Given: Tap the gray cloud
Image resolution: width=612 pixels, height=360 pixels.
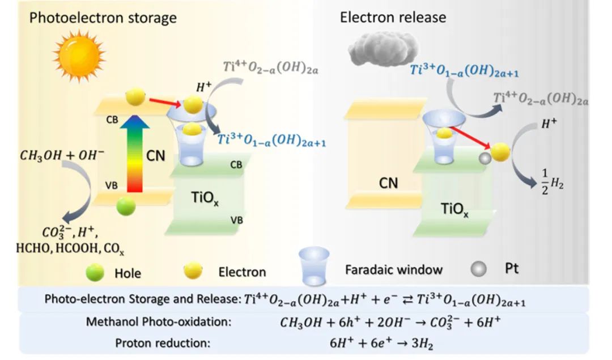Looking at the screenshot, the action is click(x=383, y=48).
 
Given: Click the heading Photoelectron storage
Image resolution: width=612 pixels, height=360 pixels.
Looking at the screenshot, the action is click(x=103, y=18).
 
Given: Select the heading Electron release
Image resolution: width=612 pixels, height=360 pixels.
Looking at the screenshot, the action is click(x=393, y=17).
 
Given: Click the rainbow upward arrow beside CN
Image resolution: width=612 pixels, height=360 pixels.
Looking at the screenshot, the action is click(x=135, y=153).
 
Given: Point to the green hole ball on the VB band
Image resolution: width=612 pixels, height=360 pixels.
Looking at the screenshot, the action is click(x=126, y=206).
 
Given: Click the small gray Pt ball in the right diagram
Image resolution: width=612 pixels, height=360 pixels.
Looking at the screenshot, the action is click(x=484, y=159).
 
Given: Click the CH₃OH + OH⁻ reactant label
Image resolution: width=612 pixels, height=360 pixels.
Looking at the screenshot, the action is click(x=62, y=155).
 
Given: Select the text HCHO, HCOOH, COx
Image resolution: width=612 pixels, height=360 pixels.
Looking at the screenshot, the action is click(x=70, y=248).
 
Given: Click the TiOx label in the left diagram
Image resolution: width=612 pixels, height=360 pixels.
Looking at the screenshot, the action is click(x=205, y=198).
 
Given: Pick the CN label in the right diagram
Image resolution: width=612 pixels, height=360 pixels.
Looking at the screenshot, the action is click(x=388, y=183).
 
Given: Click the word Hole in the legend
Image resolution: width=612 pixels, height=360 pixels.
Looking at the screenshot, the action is click(x=127, y=273).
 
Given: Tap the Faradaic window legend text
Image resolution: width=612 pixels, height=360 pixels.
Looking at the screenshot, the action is click(x=394, y=269).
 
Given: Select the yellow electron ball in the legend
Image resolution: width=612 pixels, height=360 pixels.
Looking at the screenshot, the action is click(x=193, y=270).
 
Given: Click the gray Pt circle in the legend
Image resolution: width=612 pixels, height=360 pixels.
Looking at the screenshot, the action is click(x=478, y=269).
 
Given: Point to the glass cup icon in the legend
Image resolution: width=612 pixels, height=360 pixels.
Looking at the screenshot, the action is click(x=314, y=266).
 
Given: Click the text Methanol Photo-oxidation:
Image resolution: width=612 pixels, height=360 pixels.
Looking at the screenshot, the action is click(x=159, y=322).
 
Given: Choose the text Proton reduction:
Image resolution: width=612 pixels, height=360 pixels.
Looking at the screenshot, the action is click(x=163, y=343).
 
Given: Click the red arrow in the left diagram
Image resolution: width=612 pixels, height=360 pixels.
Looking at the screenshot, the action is click(x=165, y=101).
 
